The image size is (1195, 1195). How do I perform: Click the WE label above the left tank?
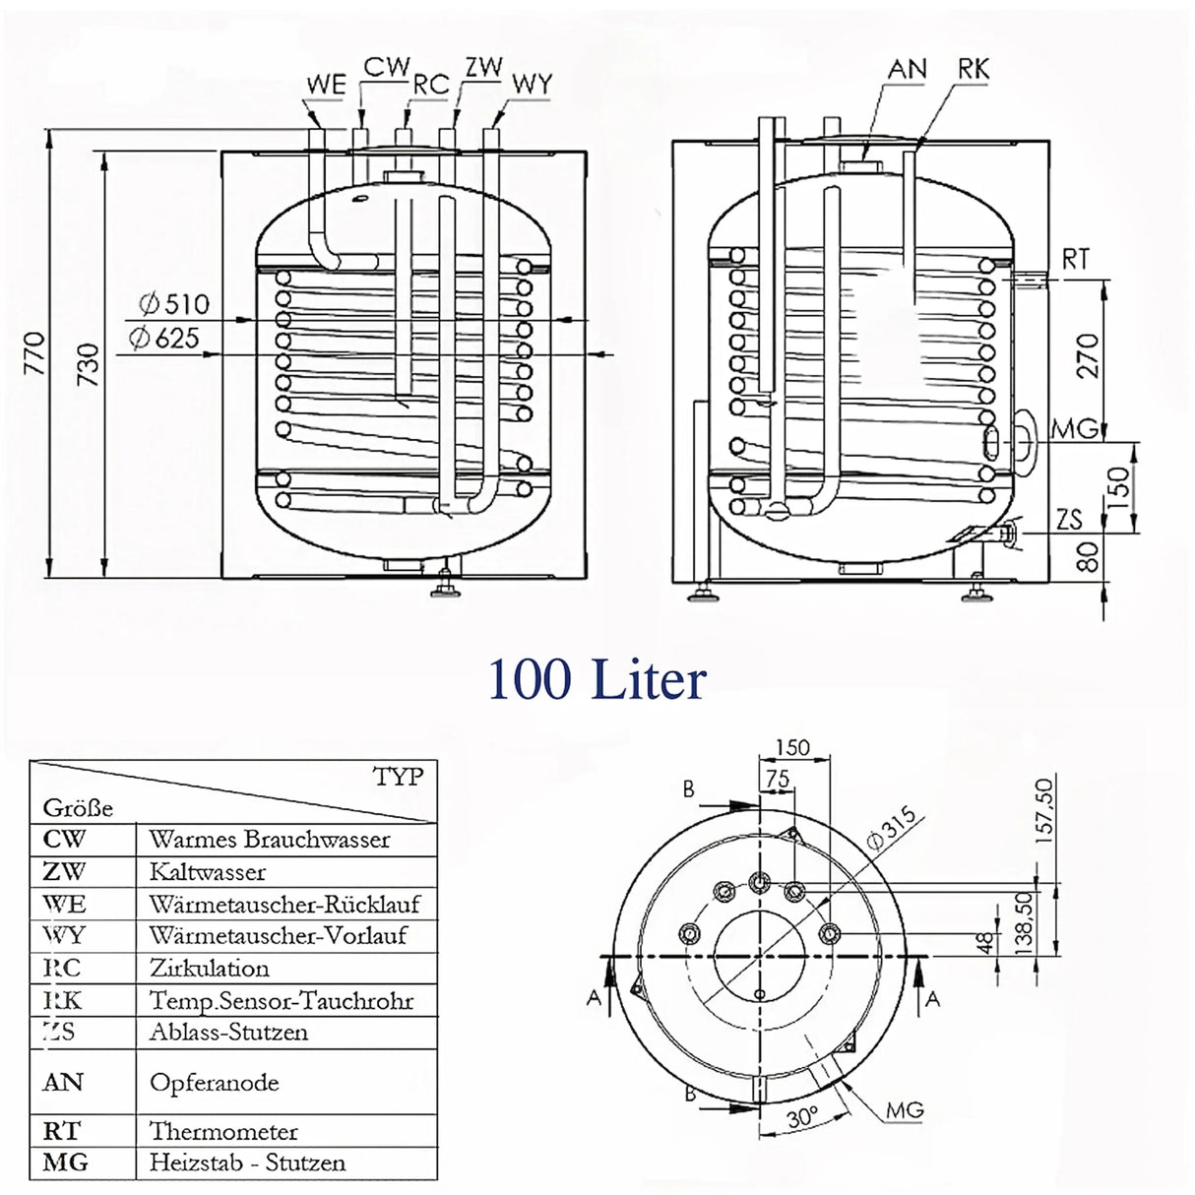click(x=326, y=85)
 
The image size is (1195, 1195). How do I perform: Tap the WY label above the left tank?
click(x=532, y=85)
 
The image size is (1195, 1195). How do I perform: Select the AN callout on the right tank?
click(x=907, y=69)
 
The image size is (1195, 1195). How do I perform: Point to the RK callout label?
click(x=973, y=69)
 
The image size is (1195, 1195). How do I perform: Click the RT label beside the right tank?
click(x=1075, y=259)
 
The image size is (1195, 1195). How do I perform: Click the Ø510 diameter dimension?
click(x=174, y=304)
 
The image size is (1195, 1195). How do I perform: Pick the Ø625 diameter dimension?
click(x=163, y=339)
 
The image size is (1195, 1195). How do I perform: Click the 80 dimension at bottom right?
click(x=1088, y=558)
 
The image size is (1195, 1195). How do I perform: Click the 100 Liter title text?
click(x=597, y=680)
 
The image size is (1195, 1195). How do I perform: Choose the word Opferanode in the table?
click(x=214, y=1083)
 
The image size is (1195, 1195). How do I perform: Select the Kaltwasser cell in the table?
click(x=208, y=872)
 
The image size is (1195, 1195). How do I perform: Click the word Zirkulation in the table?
click(x=209, y=968)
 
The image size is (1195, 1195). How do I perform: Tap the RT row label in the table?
click(x=61, y=1130)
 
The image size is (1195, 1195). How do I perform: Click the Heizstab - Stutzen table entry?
click(x=247, y=1163)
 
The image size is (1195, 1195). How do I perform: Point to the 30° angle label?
click(x=803, y=1118)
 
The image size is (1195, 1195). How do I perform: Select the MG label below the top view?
click(x=905, y=1110)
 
